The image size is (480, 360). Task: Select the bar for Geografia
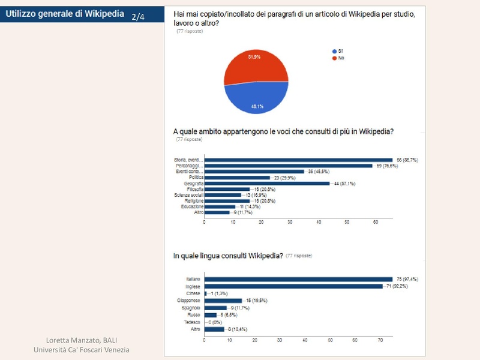point(267,183)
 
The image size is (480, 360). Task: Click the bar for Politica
point(237,178)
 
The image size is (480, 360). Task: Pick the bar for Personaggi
point(288,166)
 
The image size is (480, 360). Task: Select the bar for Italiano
point(299,279)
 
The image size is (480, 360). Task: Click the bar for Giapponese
point(223,300)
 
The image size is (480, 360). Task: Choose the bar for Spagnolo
point(215,307)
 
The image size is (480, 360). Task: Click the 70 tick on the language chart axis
point(381,340)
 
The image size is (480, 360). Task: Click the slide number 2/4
point(138,17)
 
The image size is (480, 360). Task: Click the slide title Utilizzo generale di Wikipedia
point(65,13)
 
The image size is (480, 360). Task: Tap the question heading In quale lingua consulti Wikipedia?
point(228,256)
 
